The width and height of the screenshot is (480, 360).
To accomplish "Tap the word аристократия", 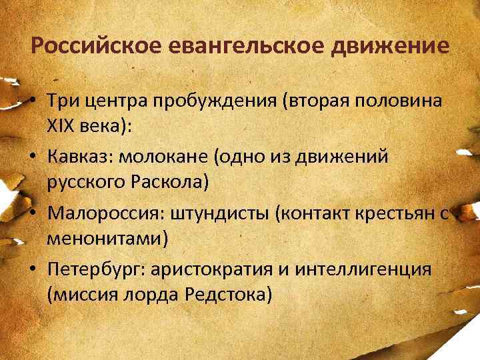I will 215,270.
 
